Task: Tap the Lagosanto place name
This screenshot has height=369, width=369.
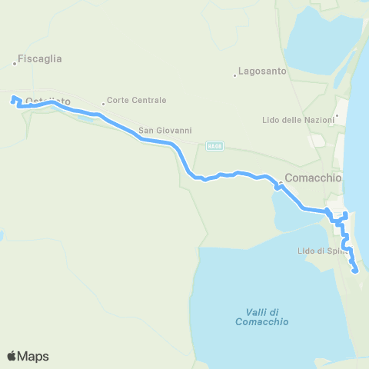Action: pos(263,71)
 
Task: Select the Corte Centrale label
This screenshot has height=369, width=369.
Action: pos(137,100)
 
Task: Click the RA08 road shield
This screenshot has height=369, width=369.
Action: pos(214,145)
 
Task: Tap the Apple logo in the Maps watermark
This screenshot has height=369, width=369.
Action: pos(12,356)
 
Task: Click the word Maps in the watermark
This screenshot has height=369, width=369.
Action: pos(33,356)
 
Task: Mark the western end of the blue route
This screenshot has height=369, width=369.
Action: pos(12,99)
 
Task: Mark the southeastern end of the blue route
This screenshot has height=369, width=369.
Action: pos(354,270)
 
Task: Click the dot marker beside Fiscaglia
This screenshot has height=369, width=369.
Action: pos(15,63)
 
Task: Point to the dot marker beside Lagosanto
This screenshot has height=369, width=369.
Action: pos(234,75)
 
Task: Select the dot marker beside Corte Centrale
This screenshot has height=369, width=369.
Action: pos(103,104)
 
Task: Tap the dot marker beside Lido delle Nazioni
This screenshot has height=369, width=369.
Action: pos(337,118)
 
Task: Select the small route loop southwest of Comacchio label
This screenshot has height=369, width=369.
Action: pos(277,186)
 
